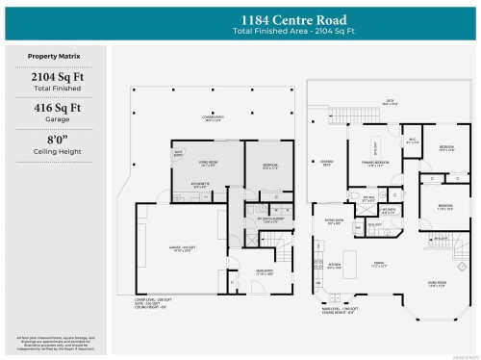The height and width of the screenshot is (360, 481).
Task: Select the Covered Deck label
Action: tap(326, 163)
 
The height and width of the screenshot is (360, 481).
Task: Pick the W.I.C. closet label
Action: tap(411, 141)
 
